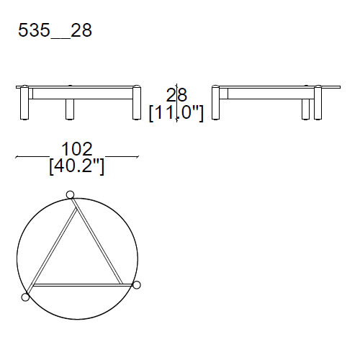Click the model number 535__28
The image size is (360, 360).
[54, 31]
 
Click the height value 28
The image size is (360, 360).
[176, 95]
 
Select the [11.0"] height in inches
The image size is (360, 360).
[176, 113]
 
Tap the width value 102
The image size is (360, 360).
[77, 148]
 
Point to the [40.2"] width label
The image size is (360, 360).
[77, 166]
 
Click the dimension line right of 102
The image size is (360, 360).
[122, 156]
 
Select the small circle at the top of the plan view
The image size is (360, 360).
[70, 194]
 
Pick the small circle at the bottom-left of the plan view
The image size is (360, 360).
[26, 296]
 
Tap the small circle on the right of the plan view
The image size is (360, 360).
[137, 285]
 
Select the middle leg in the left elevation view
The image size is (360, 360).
[71, 108]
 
